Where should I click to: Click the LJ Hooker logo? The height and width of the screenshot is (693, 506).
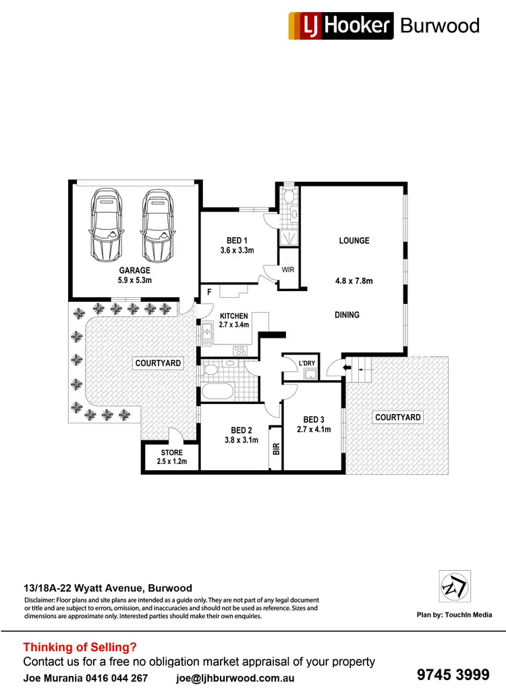click(340, 26)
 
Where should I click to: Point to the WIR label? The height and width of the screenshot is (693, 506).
click(289, 269)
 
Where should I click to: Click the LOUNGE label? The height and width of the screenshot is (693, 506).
click(354, 240)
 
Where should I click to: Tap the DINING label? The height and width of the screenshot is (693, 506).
click(347, 315)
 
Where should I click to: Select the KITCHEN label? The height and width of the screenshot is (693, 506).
click(233, 316)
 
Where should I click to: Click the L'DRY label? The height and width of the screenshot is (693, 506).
click(307, 364)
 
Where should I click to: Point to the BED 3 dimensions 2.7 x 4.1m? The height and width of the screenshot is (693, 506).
click(314, 429)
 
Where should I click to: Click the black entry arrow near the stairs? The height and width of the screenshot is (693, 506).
click(347, 367)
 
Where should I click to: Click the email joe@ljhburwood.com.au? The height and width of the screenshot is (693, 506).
click(235, 677)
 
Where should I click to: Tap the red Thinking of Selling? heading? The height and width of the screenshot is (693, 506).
click(80, 646)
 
